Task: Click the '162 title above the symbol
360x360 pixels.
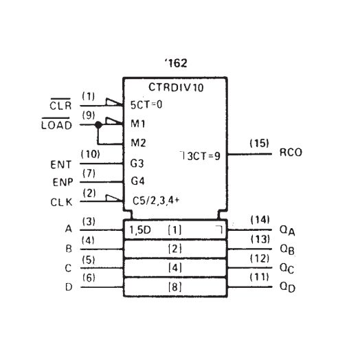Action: [x=175, y=63]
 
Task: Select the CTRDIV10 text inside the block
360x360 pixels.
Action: [x=176, y=87]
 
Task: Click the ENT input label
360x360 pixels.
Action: [x=60, y=166]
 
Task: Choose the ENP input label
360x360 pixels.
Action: [x=60, y=184]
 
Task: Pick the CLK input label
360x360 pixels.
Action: [x=60, y=203]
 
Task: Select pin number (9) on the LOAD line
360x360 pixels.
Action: [x=89, y=115]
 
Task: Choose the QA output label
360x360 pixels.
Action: [x=289, y=231]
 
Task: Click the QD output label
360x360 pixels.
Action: [x=289, y=286]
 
